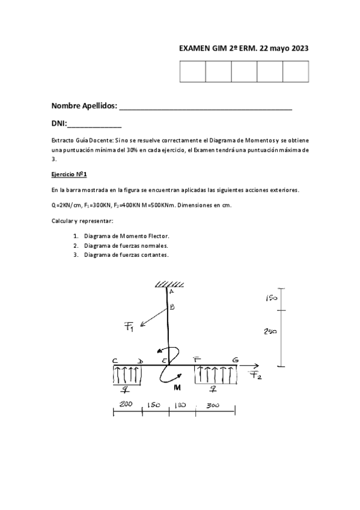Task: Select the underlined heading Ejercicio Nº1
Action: [70, 174]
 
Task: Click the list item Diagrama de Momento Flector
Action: [127, 236]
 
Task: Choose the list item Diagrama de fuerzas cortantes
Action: [126, 254]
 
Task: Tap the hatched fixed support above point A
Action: [165, 284]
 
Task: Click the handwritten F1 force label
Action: [130, 327]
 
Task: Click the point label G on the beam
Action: [236, 360]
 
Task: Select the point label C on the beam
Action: [114, 360]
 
